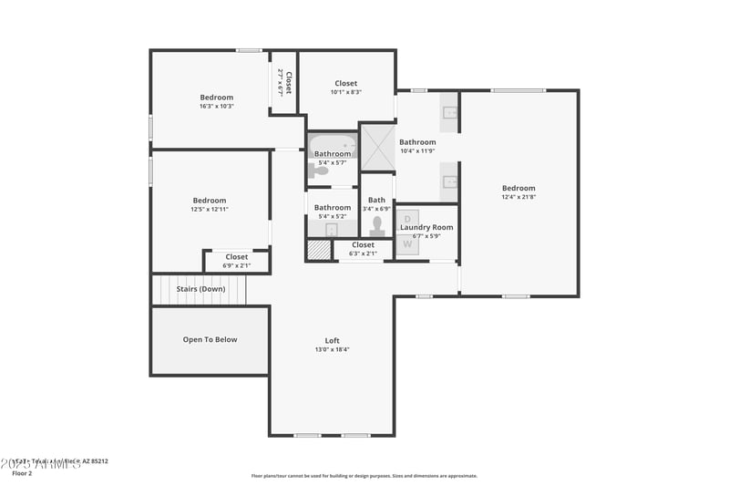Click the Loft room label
[332, 340]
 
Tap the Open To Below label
[210, 339]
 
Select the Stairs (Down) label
[200, 288]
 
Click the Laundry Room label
[426, 227]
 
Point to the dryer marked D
[407, 219]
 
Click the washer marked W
[407, 243]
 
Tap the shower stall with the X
[377, 147]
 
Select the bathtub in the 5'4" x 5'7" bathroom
[332, 143]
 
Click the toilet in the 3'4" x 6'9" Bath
[377, 225]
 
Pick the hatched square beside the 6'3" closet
[318, 250]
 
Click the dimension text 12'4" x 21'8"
[518, 197]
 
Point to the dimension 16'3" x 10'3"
[217, 106]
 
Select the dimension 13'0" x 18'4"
[332, 349]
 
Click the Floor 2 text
[21, 473]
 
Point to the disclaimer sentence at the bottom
[364, 475]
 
